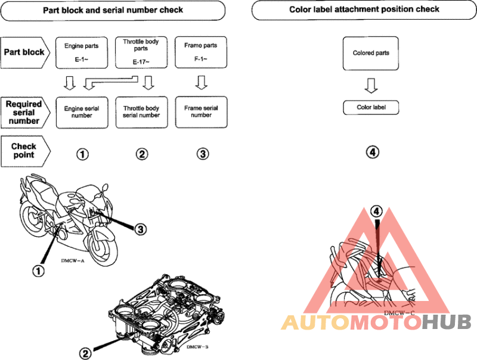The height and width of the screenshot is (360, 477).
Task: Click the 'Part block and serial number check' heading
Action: pyautogui.click(x=113, y=10)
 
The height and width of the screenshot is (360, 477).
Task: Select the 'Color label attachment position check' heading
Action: pyautogui.click(x=364, y=10)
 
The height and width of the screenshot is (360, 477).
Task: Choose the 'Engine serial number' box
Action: pyautogui.click(x=81, y=112)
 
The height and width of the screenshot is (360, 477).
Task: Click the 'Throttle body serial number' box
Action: pyautogui.click(x=141, y=112)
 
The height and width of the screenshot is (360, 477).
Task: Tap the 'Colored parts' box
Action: pyautogui.click(x=371, y=53)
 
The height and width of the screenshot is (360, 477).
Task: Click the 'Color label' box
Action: pyautogui.click(x=371, y=107)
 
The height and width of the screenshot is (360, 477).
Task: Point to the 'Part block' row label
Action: pyautogui.click(x=24, y=52)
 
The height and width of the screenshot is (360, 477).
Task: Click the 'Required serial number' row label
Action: pyautogui.click(x=24, y=112)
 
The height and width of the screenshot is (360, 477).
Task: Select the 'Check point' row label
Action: pyautogui.click(x=24, y=150)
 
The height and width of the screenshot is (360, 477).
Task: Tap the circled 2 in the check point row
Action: pyautogui.click(x=141, y=154)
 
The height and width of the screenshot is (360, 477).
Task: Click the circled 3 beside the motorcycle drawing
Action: pyautogui.click(x=140, y=228)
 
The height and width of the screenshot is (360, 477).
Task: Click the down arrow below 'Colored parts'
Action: pyautogui.click(x=371, y=86)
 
